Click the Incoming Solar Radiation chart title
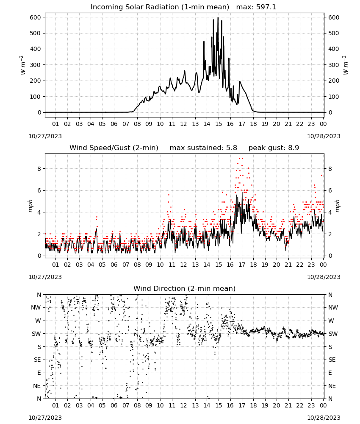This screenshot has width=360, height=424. (160, 7)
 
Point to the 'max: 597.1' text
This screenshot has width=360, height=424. (256, 7)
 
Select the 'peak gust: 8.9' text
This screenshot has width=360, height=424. (274, 148)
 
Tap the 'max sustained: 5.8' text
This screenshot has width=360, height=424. (203, 148)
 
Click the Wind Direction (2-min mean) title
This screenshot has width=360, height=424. (185, 288)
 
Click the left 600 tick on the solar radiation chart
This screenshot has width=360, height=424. (36, 17)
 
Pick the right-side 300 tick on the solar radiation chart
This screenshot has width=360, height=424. (334, 65)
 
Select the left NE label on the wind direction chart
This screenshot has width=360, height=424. (37, 386)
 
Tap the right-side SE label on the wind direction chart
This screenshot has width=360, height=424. (332, 360)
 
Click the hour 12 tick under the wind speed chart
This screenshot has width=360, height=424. (183, 265)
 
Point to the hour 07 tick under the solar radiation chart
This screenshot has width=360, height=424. (126, 124)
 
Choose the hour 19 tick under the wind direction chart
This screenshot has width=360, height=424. (265, 405)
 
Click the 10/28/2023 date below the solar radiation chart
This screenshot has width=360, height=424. (324, 136)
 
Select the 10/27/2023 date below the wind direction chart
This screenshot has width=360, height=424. (45, 418)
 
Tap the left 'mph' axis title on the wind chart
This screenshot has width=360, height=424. (30, 206)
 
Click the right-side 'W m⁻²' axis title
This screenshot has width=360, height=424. (345, 65)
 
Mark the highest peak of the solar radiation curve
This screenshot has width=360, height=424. (218, 18)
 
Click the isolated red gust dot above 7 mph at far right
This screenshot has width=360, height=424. (321, 175)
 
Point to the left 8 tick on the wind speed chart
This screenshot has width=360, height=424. (39, 169)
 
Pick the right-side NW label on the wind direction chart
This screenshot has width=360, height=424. (333, 307)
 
